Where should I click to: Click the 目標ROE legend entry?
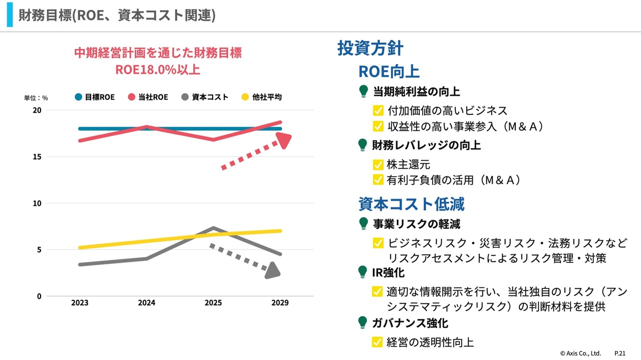tap(95, 97)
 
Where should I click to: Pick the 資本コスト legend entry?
tap(205, 97)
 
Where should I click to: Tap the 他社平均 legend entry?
tap(261, 97)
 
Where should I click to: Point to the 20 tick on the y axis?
tap(38, 110)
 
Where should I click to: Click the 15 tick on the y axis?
tap(38, 157)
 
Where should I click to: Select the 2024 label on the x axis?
tap(146, 303)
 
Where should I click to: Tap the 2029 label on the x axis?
tap(280, 303)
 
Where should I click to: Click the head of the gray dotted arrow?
tap(273, 271)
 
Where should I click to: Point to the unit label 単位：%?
tap(36, 98)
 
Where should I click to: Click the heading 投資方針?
tap(371, 49)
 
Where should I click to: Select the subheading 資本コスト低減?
tap(412, 204)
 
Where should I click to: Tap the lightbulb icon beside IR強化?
tap(363, 272)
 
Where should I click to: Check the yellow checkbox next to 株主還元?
tap(378, 165)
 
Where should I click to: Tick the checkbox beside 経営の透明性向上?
tap(378, 342)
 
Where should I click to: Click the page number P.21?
tap(620, 353)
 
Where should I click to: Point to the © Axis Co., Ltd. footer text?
tap(580, 353)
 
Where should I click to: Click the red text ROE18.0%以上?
tap(158, 70)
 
